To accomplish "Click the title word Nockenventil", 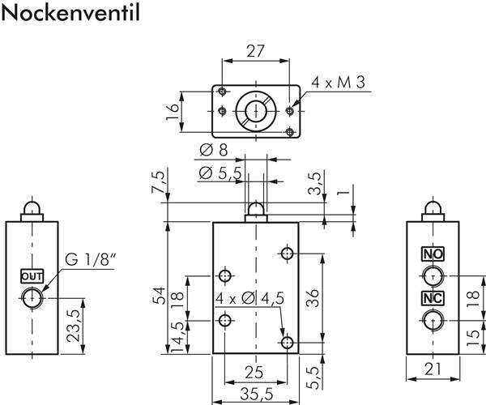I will (x=70, y=14).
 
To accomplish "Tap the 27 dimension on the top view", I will (x=255, y=51).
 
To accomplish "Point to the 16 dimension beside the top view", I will (x=173, y=110).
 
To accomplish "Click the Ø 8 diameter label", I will (x=213, y=151).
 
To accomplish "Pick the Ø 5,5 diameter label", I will (x=219, y=173).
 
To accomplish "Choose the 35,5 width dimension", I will (x=254, y=394).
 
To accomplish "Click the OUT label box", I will (x=31, y=275).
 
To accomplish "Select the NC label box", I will (x=433, y=297).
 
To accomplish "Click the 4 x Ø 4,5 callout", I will (x=250, y=299).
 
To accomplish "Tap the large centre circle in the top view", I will (x=255, y=110).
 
